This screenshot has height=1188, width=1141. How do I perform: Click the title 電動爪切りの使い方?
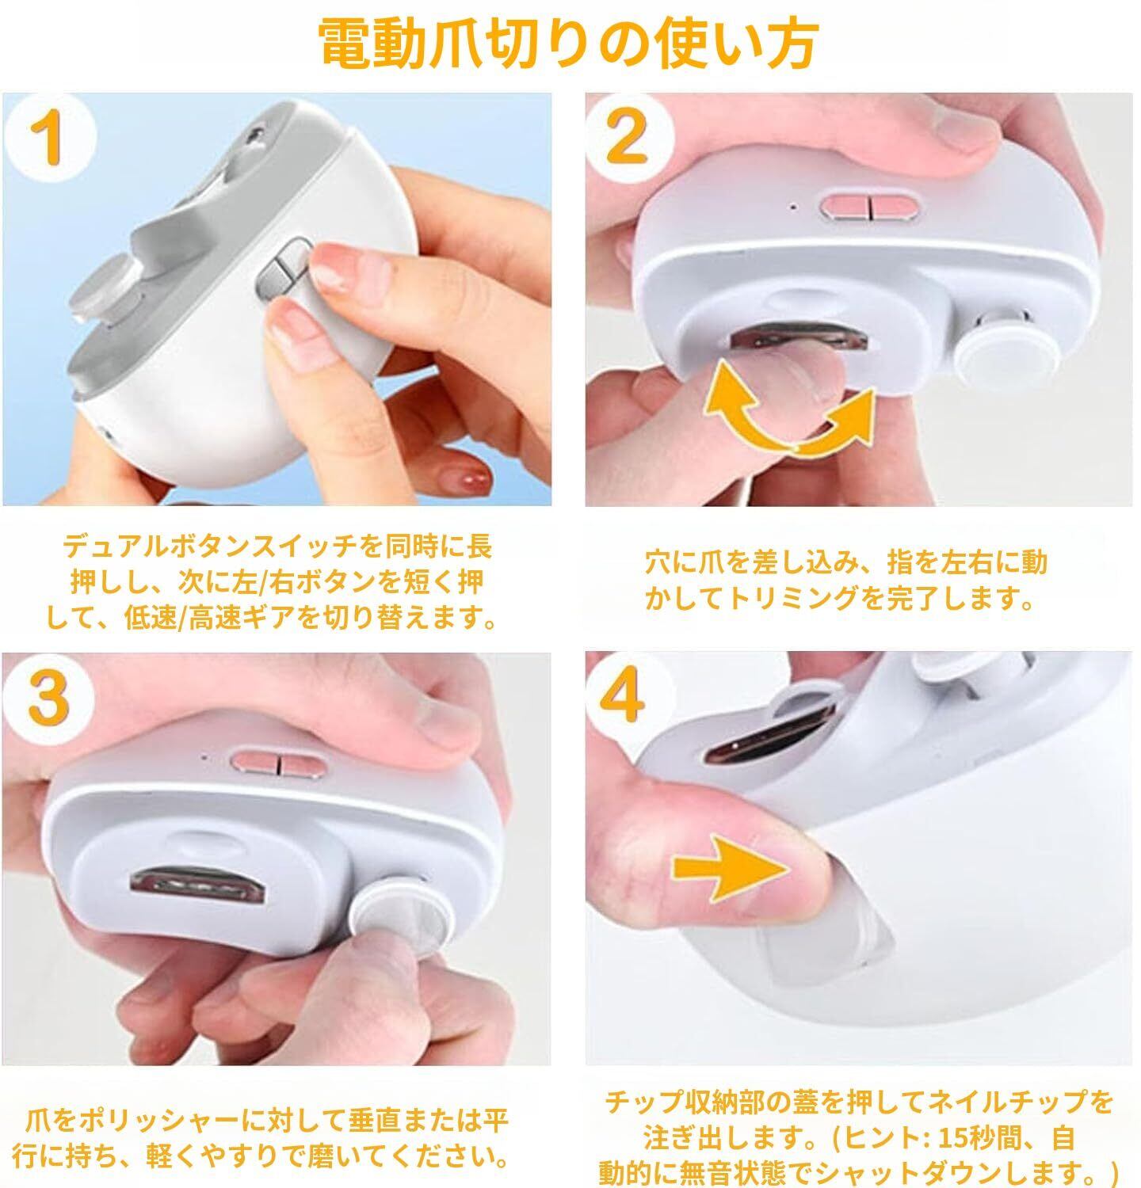tap(568, 44)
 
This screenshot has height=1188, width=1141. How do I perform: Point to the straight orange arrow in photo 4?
tap(731, 866)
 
